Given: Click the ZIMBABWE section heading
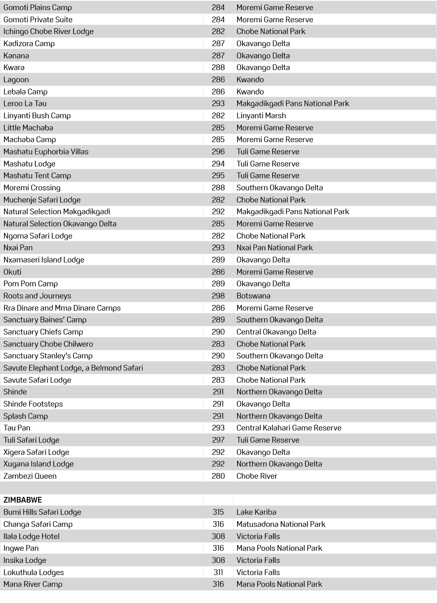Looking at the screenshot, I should pos(23,500).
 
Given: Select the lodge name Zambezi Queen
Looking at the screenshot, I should pos(30,476).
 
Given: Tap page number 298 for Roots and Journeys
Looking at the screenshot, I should pos(218,296).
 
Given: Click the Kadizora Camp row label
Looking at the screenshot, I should pos(29,43).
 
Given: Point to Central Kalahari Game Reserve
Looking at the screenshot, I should pos(289,428).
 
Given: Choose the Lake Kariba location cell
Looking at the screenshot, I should pos(256,512).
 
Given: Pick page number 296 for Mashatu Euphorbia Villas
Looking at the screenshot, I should pos(218,151).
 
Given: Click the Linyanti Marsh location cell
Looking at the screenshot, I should pos(261,115).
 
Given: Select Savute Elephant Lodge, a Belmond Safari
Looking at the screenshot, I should pos(73,368).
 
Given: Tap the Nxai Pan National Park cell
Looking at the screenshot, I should pos(274,247).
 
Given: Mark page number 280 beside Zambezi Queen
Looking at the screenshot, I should pos(218,476).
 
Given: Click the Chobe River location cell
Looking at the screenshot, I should pos(257,476).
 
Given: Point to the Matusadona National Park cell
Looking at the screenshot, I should pos(281,524).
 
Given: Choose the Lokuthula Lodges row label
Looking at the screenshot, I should pos(34,572).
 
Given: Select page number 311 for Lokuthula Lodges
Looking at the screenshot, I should pos(218,572).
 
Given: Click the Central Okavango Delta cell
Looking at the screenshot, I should pos(276,332).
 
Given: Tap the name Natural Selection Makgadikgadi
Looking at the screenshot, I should pos(57,211).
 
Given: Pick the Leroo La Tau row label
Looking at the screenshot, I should pos(25,103).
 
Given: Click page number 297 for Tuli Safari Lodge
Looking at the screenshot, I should pos(218,440).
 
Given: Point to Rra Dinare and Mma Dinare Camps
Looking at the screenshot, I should pos(62,308).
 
